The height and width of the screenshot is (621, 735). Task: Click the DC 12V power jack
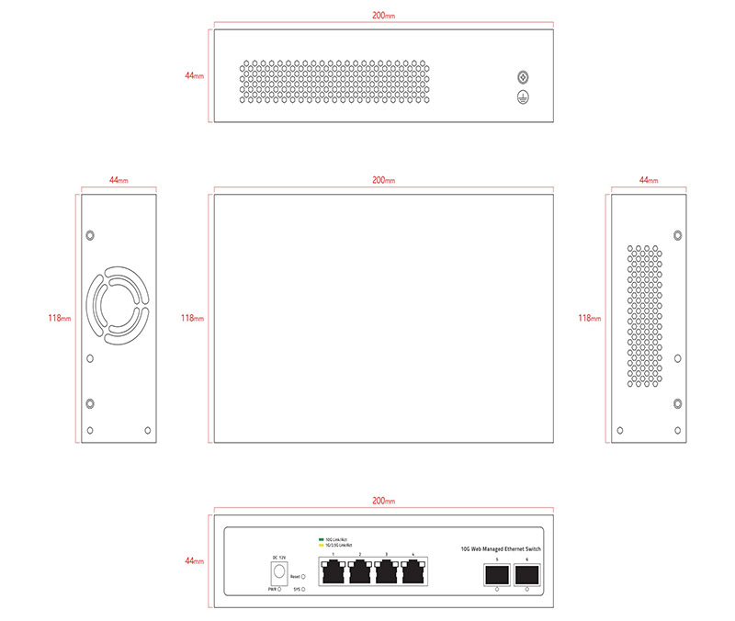pos(277,570)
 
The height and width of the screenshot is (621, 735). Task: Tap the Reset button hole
pos(303,576)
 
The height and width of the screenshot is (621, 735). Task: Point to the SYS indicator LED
pos(303,589)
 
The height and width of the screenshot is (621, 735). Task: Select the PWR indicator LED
pos(279,589)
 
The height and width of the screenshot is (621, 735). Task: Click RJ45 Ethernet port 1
pos(333,572)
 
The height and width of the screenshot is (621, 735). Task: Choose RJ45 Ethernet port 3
pos(388,572)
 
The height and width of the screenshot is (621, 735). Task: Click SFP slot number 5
pos(497,574)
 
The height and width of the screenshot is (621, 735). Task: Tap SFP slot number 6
pos(526,574)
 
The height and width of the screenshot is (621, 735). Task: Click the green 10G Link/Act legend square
pos(321,539)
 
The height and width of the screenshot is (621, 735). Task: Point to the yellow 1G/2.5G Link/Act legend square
pos(321,546)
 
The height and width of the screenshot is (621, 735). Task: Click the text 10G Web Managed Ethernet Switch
pos(501,548)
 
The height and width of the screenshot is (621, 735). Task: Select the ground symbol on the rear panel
pos(524,97)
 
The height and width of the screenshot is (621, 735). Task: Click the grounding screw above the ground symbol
pos(524,78)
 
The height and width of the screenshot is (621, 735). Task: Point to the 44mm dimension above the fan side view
pos(119,181)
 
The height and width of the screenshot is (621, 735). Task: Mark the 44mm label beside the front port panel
pos(194,559)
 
